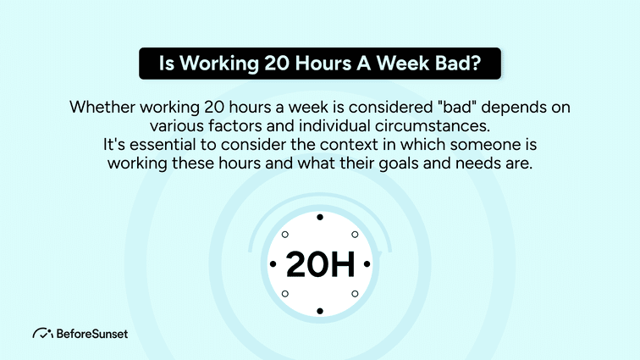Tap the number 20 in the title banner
[267, 64]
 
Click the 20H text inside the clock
[319, 265]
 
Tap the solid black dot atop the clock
[319, 218]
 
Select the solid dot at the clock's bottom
[319, 312]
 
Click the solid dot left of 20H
[273, 265]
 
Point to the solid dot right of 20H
[367, 265]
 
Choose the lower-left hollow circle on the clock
[286, 295]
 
